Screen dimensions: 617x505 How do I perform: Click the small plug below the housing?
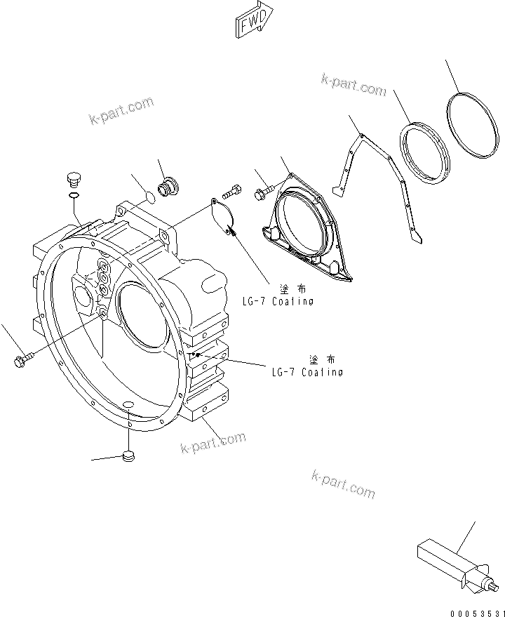click(x=127, y=457)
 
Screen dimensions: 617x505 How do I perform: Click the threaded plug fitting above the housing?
click(x=168, y=187)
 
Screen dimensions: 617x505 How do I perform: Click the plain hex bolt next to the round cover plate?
click(x=233, y=191)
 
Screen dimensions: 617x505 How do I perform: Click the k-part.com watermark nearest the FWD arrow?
click(x=354, y=88)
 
